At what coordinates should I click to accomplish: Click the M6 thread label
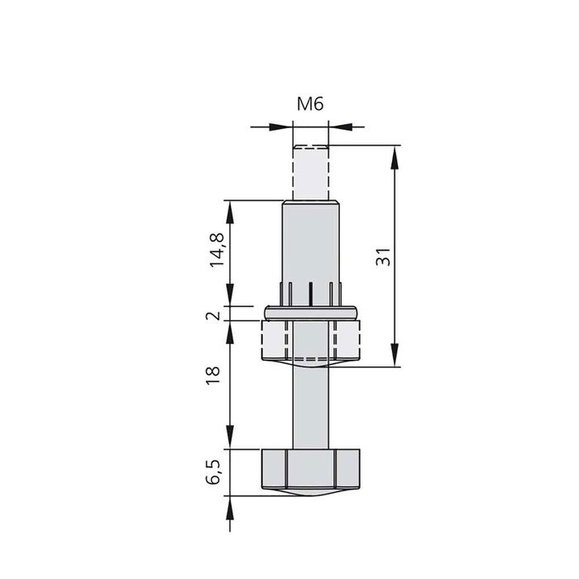309,104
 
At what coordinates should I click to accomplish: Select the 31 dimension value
382,256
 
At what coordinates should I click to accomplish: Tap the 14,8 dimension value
217,249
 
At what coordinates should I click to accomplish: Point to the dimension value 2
217,315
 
